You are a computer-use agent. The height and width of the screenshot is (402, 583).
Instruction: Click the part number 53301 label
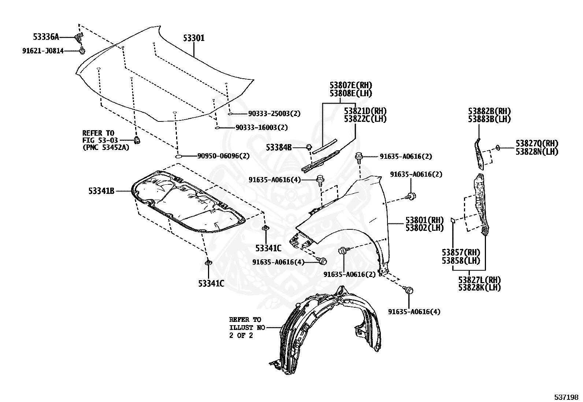click(194, 38)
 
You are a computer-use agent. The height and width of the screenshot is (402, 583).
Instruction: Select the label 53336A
click(46, 37)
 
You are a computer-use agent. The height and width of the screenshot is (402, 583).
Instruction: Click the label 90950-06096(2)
click(223, 156)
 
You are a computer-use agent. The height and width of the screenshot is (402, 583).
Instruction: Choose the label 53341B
click(101, 191)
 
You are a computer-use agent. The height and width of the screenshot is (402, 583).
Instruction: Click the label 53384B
click(279, 147)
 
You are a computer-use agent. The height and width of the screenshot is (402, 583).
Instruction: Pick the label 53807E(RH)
click(351, 86)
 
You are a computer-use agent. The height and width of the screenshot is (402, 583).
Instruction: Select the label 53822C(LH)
click(365, 119)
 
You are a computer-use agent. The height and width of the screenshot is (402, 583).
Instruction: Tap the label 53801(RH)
click(424, 220)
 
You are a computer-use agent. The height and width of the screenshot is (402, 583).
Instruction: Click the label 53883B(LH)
click(489, 119)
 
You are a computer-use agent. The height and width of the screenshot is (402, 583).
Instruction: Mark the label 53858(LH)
click(461, 260)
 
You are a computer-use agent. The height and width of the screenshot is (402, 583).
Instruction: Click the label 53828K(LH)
click(479, 287)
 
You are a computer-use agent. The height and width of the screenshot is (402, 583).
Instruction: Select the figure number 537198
click(566, 397)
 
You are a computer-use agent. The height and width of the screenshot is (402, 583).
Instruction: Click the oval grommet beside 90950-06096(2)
click(178, 157)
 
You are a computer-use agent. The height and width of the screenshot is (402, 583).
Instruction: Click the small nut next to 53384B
click(308, 147)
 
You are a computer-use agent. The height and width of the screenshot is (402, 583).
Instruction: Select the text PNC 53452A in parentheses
click(106, 148)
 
